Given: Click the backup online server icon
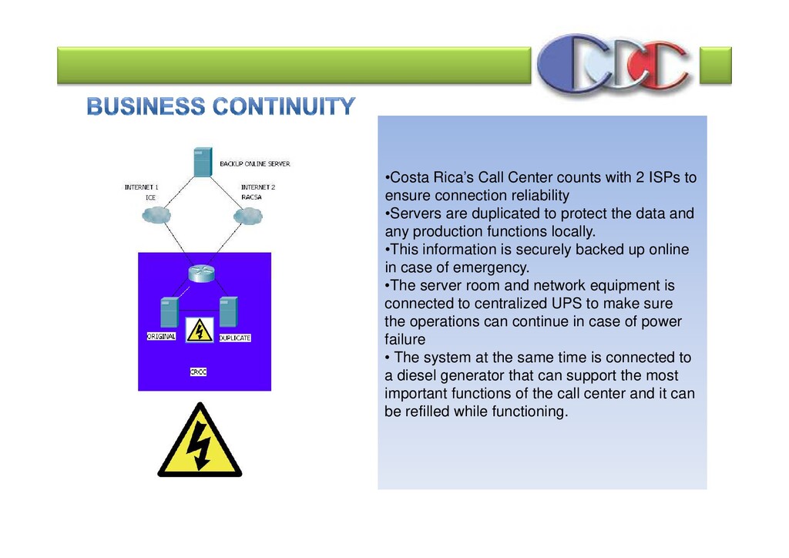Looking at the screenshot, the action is [203, 163].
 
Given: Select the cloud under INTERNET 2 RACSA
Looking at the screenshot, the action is [247, 217].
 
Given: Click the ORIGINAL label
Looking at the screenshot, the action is [161, 336].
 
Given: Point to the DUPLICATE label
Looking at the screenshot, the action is [235, 338].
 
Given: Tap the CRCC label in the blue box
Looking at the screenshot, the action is [198, 372].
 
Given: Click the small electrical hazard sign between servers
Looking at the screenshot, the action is [200, 331].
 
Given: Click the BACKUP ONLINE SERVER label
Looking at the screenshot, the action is [255, 164].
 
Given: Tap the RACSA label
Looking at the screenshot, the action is [251, 197].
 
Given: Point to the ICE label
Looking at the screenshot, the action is [150, 197].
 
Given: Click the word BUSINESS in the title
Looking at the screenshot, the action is [146, 106].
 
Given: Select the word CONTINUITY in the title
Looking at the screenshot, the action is [284, 106].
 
